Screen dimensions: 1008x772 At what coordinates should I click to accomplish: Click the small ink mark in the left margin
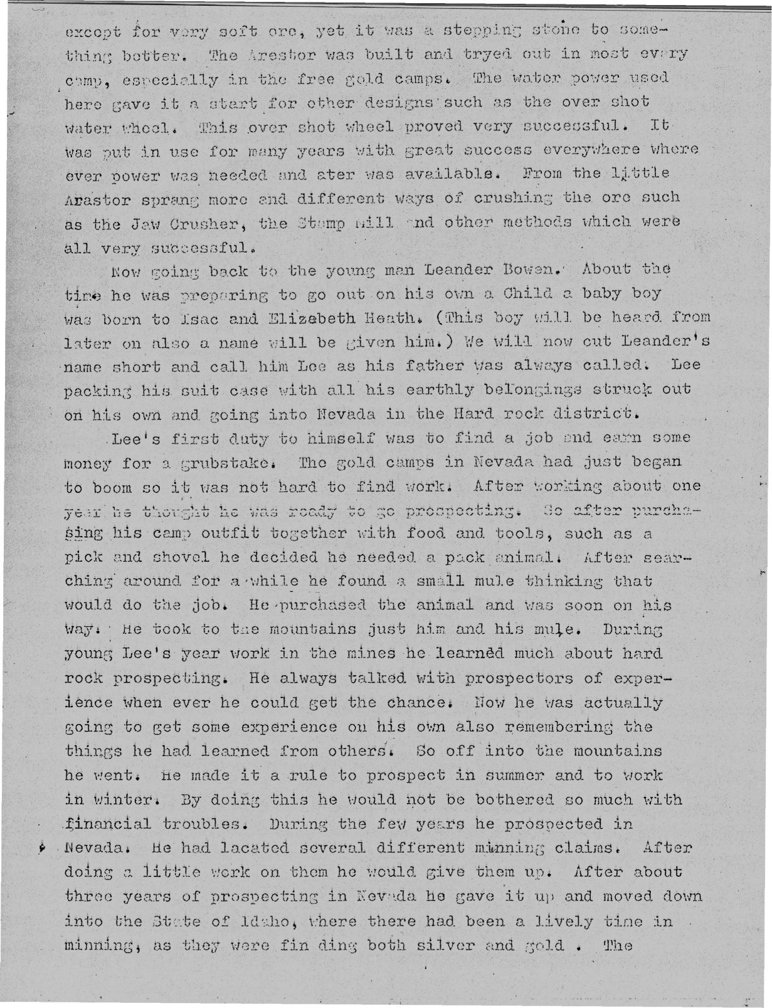(41, 847)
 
